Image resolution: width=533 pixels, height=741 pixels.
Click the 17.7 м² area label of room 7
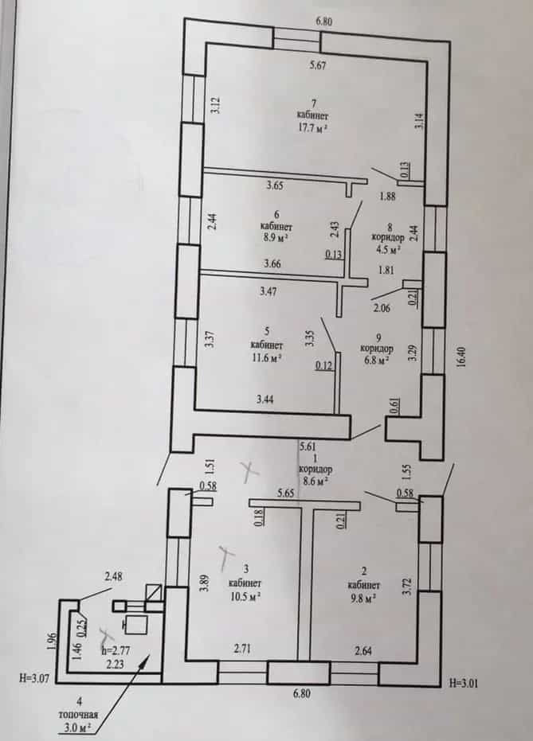tap(312, 128)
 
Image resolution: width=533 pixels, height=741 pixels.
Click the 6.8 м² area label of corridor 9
tap(376, 360)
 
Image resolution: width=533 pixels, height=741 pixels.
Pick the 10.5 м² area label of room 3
tap(245, 597)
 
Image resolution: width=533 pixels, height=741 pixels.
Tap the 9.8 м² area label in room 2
tap(363, 597)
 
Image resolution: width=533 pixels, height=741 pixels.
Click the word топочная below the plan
tap(78, 715)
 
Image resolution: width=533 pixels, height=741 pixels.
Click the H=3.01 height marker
tap(466, 682)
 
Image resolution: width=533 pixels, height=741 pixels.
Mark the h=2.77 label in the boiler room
tap(116, 651)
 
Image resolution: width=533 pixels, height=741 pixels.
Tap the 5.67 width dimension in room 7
tap(318, 65)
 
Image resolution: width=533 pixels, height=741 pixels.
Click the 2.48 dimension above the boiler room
tap(113, 576)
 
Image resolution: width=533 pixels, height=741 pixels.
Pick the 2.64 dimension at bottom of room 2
tap(363, 651)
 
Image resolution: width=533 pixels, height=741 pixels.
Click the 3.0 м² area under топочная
tap(77, 727)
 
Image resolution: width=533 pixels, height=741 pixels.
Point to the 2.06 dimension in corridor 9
tap(382, 308)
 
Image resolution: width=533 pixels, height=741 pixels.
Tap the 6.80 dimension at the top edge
tap(324, 21)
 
